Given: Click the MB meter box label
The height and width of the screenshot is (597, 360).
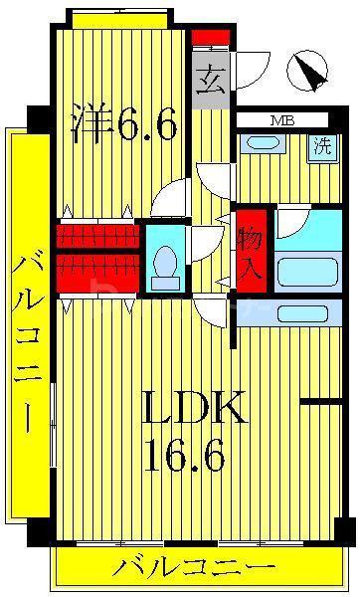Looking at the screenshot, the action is pyautogui.click(x=282, y=121).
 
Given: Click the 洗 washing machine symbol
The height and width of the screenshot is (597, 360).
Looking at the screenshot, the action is pyautogui.click(x=322, y=146).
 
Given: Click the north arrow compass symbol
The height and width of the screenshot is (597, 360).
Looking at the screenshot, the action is pyautogui.click(x=306, y=72).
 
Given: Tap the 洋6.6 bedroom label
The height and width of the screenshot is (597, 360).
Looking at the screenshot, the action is pyautogui.click(x=124, y=122).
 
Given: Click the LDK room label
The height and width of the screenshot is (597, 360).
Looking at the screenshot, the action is pyautogui.click(x=194, y=407).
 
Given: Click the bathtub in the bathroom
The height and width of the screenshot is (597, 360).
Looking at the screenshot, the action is pyautogui.click(x=307, y=272).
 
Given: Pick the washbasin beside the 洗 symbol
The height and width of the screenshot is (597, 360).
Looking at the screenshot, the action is pyautogui.click(x=263, y=142).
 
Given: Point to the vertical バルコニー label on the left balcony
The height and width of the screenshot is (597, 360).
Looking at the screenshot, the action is pyautogui.click(x=28, y=345).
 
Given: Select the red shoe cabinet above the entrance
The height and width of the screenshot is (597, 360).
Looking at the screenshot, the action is pyautogui.click(x=211, y=38).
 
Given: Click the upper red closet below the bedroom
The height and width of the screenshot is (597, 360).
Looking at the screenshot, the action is pyautogui.click(x=97, y=237).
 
